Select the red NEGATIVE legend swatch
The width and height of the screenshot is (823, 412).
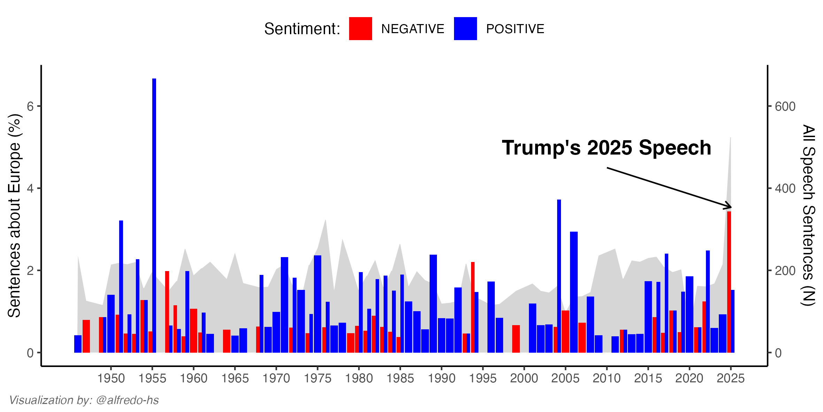coord(360,29)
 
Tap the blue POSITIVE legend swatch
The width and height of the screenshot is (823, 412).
coord(465,29)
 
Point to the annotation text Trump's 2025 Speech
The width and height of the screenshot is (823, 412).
coord(606,148)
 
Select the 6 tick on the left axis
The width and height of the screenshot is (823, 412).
coord(31,106)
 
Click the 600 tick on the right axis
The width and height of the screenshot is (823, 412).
coord(785,106)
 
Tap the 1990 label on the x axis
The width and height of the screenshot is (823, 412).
coord(441,379)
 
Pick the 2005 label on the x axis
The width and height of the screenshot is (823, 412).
coord(565,379)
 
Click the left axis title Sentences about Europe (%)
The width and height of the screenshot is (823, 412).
coord(15,215)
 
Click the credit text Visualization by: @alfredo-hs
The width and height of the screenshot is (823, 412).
coord(84,400)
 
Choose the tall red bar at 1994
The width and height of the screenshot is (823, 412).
coord(473,307)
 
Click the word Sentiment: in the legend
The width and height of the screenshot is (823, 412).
coord(302,29)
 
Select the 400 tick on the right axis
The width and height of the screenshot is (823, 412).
coord(785,189)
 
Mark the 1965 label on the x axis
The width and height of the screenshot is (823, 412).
coord(235,379)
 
